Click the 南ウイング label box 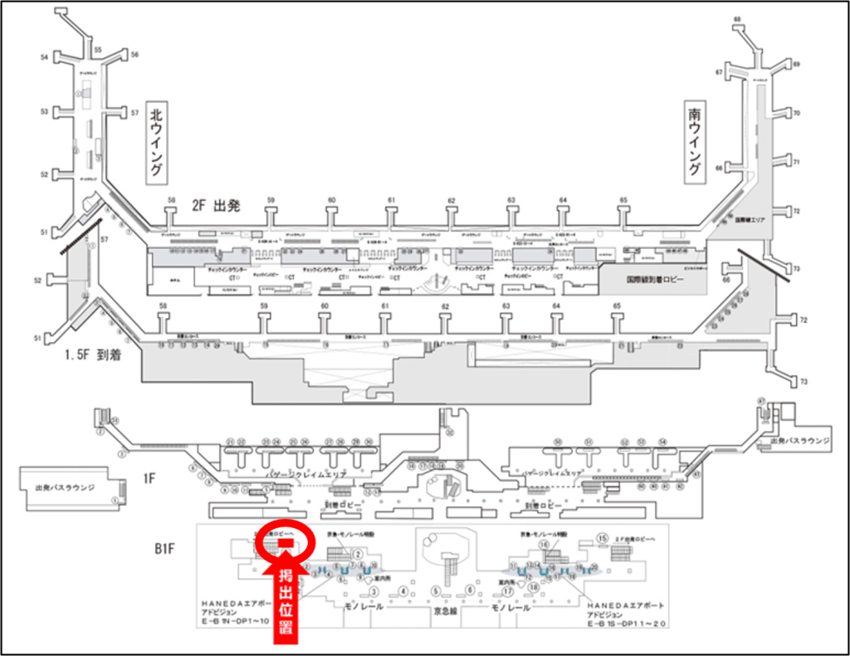695,141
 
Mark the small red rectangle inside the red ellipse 284,544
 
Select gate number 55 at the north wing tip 97,51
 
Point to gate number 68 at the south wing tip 736,18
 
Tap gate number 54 44,58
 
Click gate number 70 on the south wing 796,113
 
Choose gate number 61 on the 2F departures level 391,201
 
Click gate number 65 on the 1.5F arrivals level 617,306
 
